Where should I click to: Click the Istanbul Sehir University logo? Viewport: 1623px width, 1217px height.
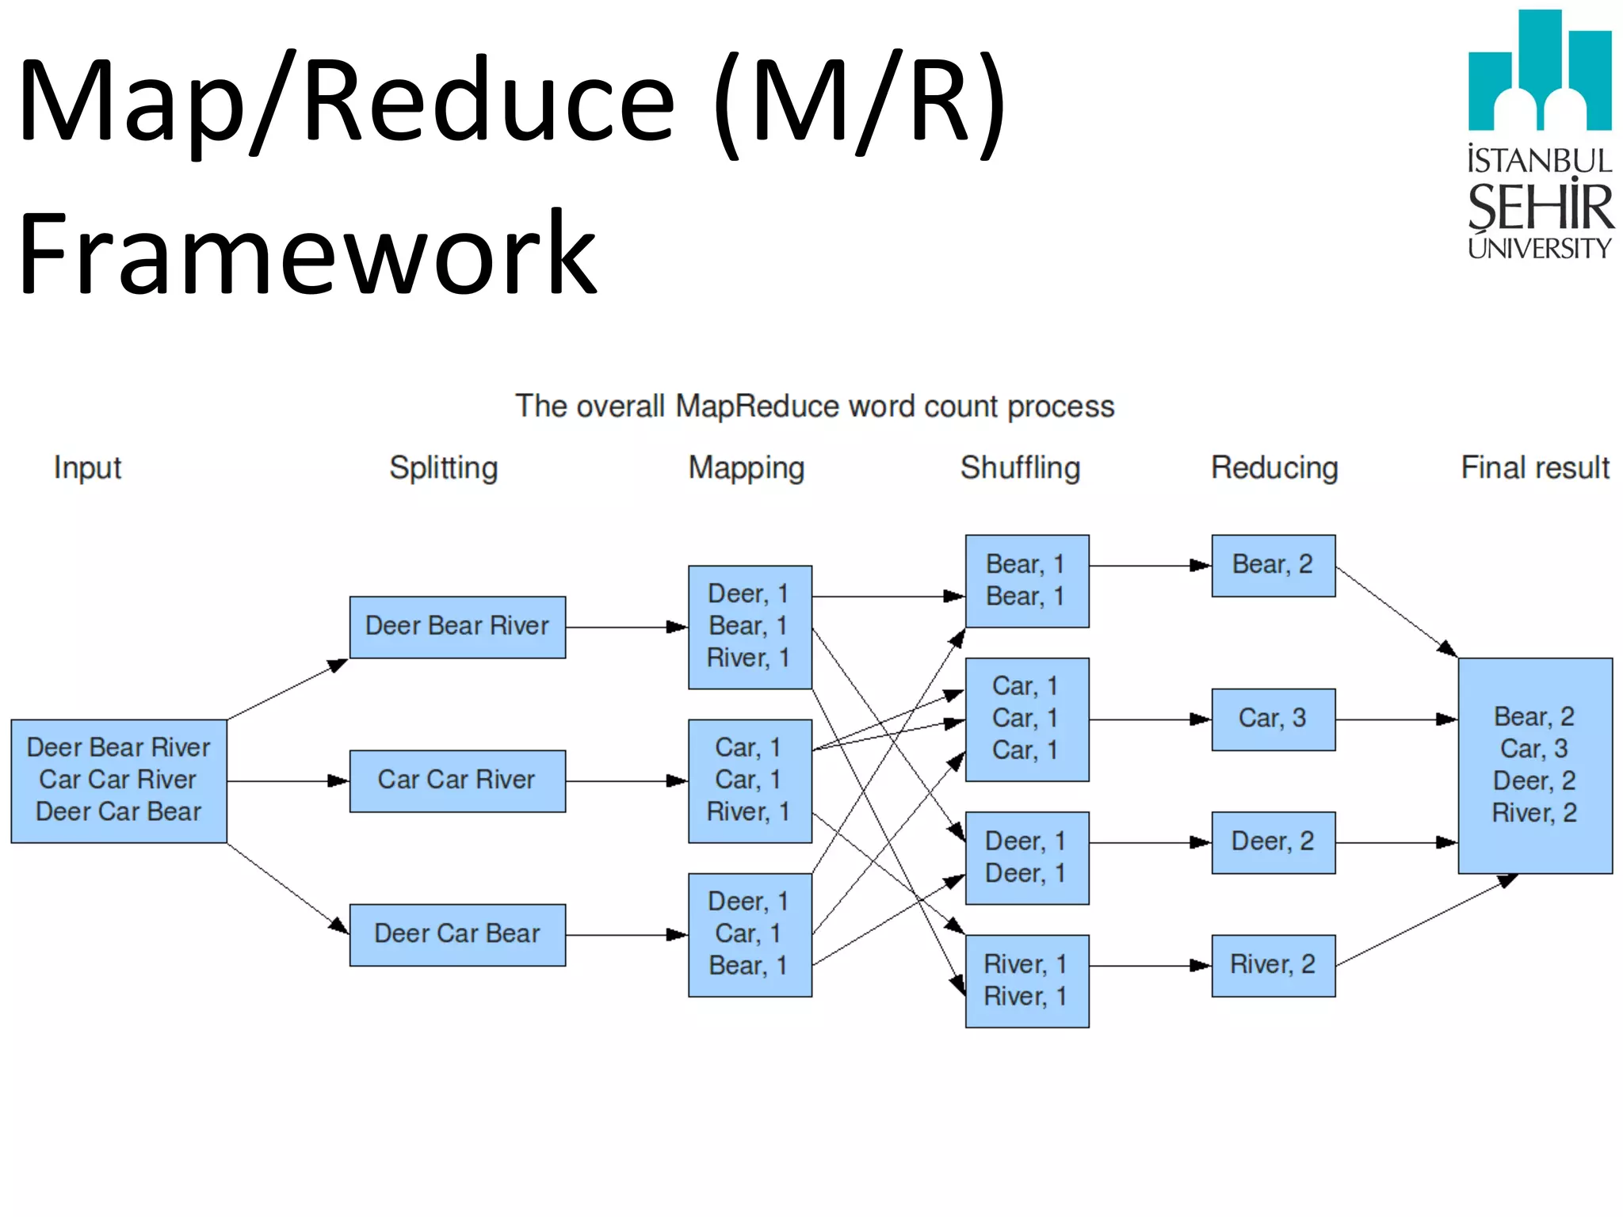tap(1539, 135)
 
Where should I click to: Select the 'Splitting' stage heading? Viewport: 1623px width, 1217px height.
tap(443, 467)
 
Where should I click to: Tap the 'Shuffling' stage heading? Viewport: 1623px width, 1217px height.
tap(1020, 467)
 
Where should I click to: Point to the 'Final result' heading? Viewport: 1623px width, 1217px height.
tap(1534, 467)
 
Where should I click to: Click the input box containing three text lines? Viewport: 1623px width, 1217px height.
tap(119, 780)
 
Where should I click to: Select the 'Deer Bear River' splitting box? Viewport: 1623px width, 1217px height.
tap(457, 627)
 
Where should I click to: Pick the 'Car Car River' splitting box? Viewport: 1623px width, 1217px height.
tap(457, 780)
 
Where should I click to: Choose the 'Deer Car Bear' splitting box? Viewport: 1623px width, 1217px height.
tap(457, 934)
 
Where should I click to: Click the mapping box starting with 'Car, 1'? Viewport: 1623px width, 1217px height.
tap(750, 780)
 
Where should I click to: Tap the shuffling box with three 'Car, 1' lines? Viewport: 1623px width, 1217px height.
tap(1026, 719)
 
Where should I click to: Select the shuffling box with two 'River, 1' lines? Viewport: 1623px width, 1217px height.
tap(1026, 980)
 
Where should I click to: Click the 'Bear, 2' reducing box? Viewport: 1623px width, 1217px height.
tap(1273, 565)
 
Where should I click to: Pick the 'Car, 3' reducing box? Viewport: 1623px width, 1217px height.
tap(1273, 719)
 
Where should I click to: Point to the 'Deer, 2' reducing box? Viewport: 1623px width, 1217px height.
tap(1273, 842)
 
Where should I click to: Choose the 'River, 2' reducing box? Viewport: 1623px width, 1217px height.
tap(1273, 965)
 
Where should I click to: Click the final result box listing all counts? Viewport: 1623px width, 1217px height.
tap(1534, 765)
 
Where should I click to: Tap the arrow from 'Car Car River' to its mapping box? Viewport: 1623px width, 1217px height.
tap(626, 781)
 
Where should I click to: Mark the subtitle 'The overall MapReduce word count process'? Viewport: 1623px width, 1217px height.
tap(815, 406)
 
